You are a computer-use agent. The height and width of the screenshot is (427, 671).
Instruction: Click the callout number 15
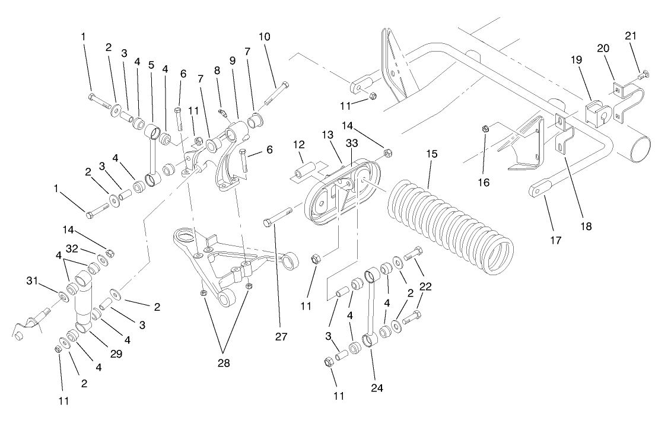click(431, 154)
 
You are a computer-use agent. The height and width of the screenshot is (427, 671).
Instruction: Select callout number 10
click(264, 37)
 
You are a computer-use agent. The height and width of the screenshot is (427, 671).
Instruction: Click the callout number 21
click(631, 36)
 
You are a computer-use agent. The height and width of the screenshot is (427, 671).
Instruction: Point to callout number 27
click(281, 337)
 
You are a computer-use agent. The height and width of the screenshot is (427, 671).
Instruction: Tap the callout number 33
click(352, 144)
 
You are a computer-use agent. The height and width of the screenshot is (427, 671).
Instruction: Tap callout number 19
click(577, 60)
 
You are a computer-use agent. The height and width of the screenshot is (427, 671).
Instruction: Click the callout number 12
click(299, 144)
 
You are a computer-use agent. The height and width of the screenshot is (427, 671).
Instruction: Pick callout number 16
click(485, 183)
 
